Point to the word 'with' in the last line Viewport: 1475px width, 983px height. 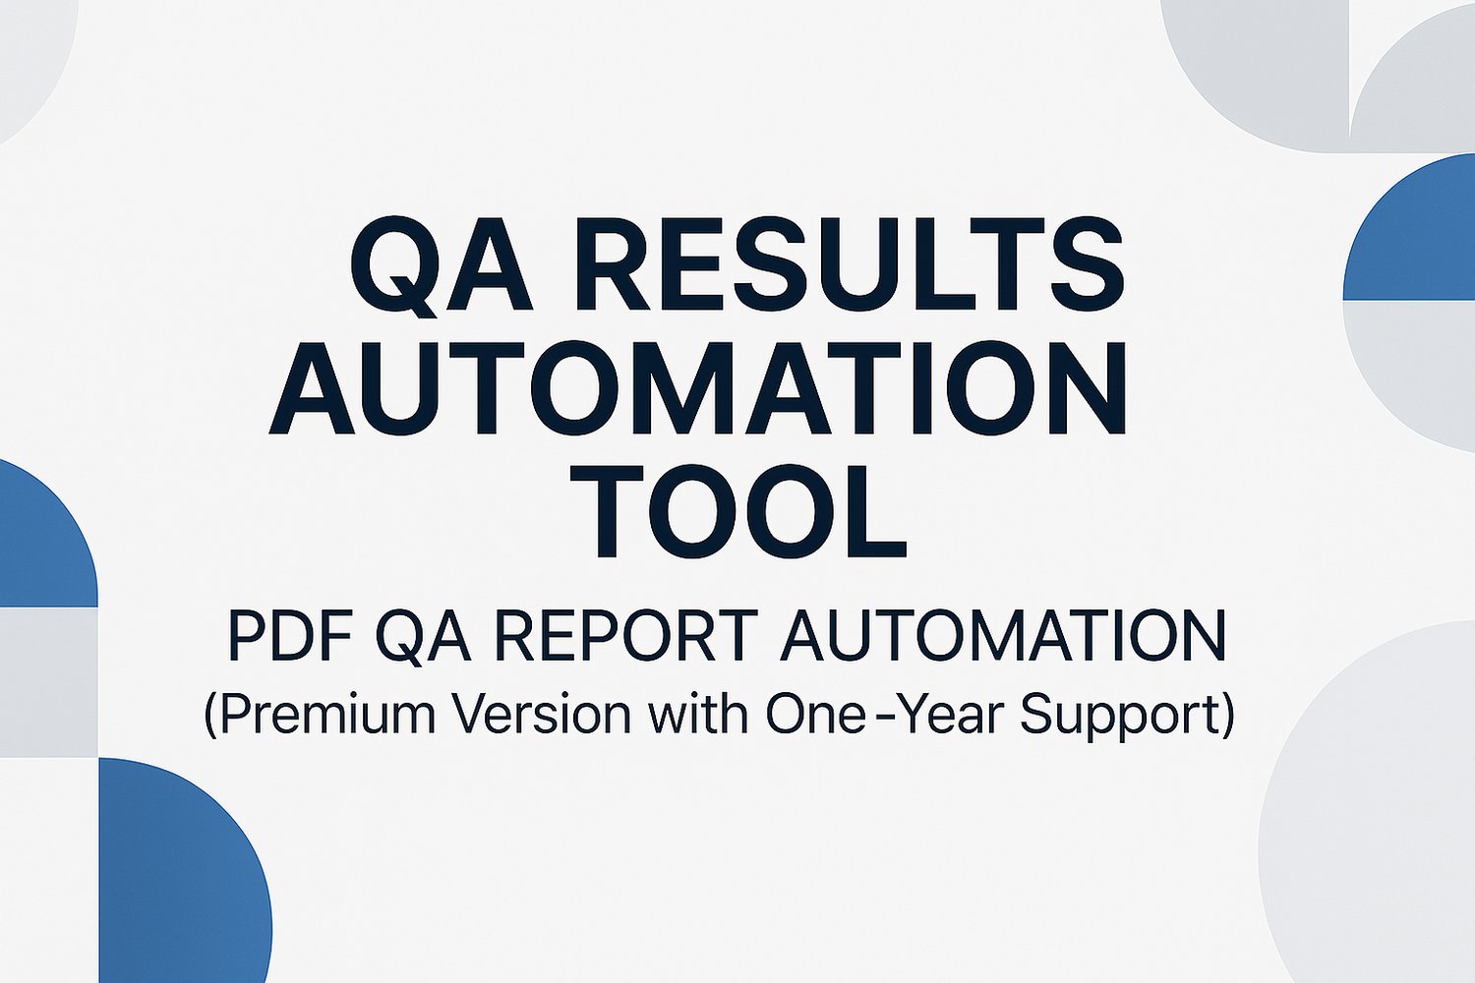(698, 715)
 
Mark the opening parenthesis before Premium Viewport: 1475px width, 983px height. (210, 718)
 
